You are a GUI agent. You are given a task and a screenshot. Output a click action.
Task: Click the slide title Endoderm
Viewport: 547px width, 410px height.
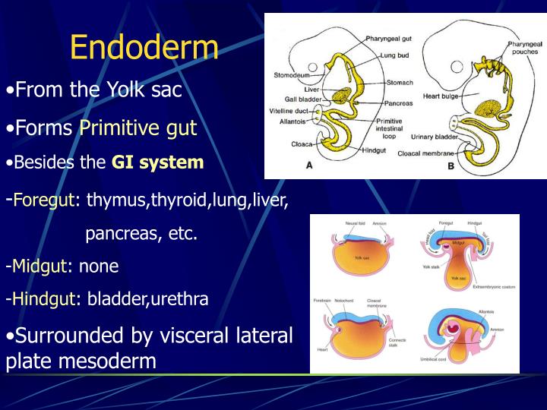click(144, 48)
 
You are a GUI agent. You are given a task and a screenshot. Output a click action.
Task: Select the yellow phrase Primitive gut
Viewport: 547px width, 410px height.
click(138, 128)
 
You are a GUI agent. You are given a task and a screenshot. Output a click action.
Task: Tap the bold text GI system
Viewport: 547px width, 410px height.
click(157, 162)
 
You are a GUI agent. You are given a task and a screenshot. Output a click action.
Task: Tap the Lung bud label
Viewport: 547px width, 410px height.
click(395, 55)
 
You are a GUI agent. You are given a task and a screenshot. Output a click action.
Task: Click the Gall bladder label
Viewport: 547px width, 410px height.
click(302, 99)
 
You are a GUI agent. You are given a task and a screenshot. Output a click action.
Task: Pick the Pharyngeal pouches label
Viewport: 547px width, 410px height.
click(525, 48)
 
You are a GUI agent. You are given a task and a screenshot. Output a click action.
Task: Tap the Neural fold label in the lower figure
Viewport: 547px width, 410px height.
click(356, 224)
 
